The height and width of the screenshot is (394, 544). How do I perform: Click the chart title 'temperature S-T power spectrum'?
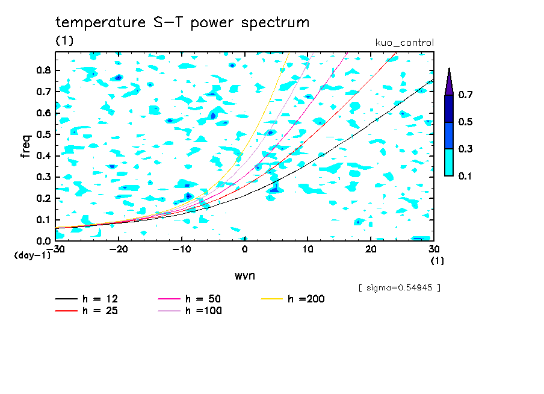click(x=182, y=23)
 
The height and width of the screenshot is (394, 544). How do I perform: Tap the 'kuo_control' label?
click(x=404, y=42)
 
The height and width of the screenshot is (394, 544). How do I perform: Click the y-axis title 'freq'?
click(x=26, y=146)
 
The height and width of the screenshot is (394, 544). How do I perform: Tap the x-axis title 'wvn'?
click(x=244, y=275)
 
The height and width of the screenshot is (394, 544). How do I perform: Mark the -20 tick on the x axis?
click(x=119, y=249)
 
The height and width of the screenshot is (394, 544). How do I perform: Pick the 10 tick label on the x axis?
click(x=308, y=249)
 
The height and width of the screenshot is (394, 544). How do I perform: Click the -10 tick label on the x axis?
click(x=182, y=249)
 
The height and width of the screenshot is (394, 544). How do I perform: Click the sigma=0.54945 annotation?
click(x=399, y=287)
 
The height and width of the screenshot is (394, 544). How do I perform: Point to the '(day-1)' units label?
click(x=32, y=255)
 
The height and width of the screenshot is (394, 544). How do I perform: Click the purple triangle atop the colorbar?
click(x=448, y=82)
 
